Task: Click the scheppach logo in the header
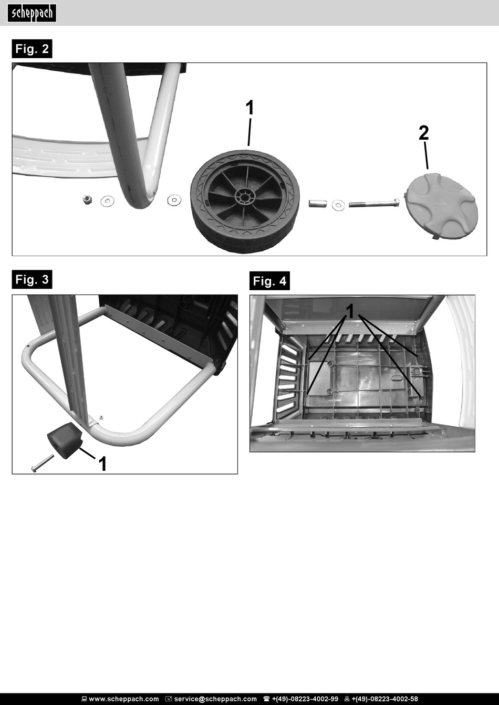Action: pos(32,13)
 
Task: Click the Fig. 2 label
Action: pos(32,49)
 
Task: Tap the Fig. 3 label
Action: pos(32,279)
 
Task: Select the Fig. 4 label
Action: pos(269,281)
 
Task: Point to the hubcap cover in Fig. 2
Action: pos(441,205)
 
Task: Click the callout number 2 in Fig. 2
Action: pos(424,133)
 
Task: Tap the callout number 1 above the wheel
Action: pos(250,108)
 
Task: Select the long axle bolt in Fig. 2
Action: pos(374,203)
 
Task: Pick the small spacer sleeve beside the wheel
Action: pos(317,203)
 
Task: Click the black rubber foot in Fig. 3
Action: pos(64,440)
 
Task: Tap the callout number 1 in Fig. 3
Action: pos(102,464)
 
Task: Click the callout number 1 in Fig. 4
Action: pos(350,312)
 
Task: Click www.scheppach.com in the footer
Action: pos(124,699)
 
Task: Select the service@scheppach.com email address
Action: pos(215,699)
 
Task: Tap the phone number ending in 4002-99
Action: pos(305,699)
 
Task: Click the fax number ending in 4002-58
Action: pos(384,699)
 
